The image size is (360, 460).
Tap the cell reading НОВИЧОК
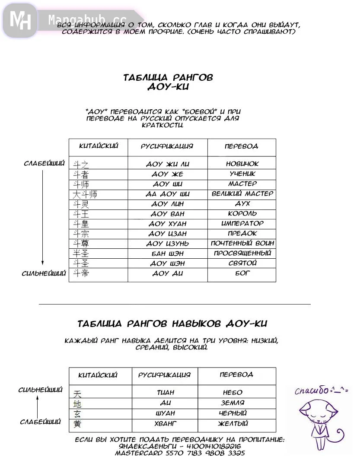(x=242, y=164)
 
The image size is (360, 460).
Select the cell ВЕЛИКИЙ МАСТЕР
(x=242, y=194)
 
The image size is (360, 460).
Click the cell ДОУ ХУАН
(x=168, y=224)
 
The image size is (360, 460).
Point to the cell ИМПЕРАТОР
(x=242, y=224)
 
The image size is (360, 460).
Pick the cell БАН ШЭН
(x=168, y=254)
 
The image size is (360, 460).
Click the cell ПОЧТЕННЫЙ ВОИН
(x=242, y=244)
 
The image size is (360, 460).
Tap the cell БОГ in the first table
(x=242, y=273)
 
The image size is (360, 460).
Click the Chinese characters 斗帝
(x=81, y=273)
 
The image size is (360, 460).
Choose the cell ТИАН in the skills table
(x=166, y=393)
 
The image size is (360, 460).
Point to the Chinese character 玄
(x=77, y=414)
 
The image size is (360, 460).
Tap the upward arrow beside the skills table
(x=38, y=406)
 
